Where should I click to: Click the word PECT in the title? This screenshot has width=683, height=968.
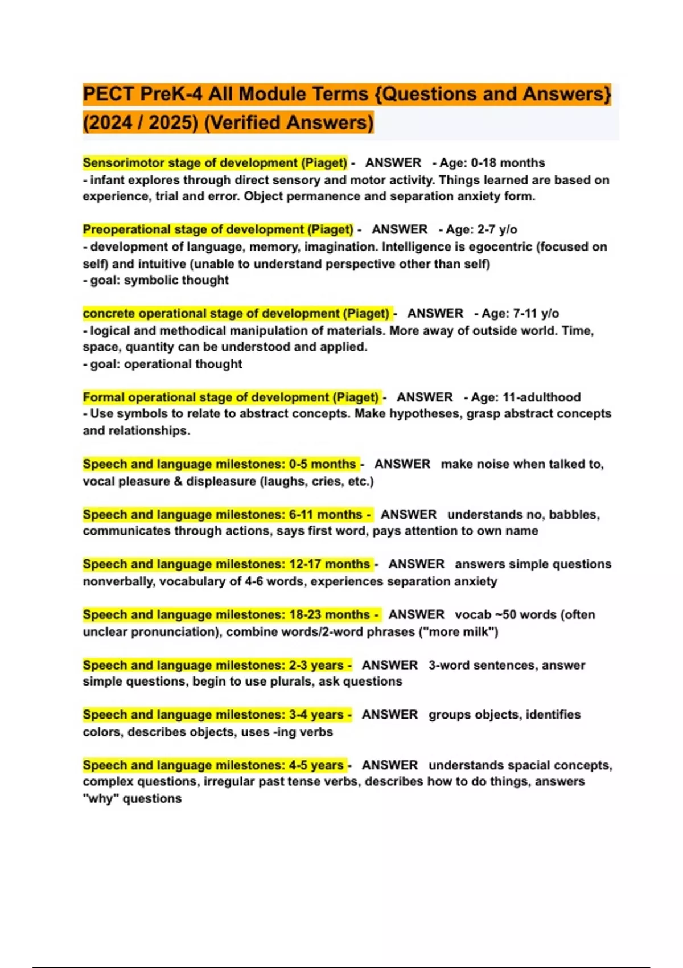tap(108, 94)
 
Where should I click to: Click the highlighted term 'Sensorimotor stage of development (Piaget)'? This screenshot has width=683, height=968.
tap(215, 163)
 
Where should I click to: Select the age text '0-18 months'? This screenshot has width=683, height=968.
tap(508, 163)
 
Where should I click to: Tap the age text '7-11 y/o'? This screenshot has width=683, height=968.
tap(535, 313)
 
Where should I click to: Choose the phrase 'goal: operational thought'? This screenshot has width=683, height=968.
tap(166, 364)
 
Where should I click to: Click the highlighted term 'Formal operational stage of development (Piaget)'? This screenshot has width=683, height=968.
tap(231, 397)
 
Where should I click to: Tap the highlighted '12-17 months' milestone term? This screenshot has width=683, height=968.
tap(227, 564)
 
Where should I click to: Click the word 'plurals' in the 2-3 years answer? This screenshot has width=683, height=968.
tap(291, 682)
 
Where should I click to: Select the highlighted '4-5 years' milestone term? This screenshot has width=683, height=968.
tap(213, 765)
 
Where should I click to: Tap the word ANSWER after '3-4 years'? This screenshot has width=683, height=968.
tap(390, 715)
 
